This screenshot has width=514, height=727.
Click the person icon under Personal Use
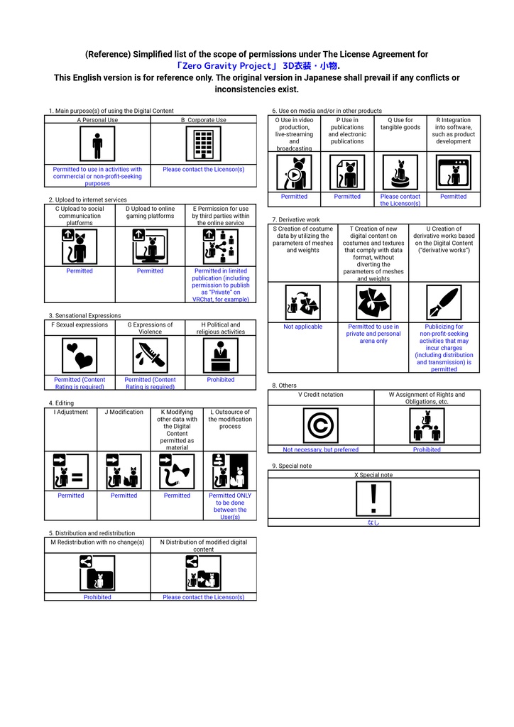97,144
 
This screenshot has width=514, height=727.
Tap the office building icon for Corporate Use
204,144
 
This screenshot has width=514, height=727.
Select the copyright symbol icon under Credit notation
320,425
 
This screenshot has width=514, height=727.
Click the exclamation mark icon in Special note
373,498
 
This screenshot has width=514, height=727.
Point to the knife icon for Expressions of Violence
151,356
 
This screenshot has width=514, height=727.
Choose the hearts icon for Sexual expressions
80,356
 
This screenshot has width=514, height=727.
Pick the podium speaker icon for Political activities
221,356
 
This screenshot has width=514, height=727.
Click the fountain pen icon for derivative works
444,302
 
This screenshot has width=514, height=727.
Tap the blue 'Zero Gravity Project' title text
258,66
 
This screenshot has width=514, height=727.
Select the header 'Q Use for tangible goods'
400,124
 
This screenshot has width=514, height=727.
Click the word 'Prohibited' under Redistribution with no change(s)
97,597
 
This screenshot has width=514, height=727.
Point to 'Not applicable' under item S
302,327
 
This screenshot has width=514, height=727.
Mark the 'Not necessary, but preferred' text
321,449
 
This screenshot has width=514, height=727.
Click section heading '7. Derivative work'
296,219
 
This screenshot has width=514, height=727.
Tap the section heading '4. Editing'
61,403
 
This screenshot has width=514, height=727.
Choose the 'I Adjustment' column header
71,412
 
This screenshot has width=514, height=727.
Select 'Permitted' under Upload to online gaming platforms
151,270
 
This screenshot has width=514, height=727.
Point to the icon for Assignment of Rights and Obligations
427,425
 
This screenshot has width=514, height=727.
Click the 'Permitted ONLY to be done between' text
230,503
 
